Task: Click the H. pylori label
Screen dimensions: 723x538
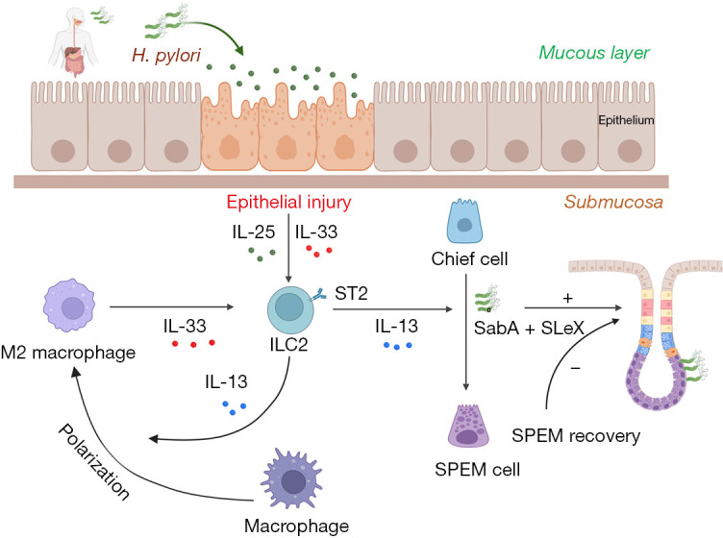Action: pos(166,56)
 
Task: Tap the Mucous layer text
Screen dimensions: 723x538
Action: pos(594,53)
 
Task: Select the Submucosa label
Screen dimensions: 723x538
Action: pos(613,202)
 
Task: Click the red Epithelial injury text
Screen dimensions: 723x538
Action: pos(289,202)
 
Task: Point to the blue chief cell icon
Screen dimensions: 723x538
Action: pos(464,221)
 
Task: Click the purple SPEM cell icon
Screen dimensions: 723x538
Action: pos(468,426)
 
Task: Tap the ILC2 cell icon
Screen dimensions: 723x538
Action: pos(291,310)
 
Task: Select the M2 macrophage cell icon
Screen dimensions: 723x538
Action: pos(69,305)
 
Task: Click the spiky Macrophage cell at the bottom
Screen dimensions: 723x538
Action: pos(292,478)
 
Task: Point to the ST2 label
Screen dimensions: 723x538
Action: pos(351,293)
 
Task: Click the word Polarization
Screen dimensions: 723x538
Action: pos(93,461)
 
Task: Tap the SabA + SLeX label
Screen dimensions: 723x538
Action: pos(529,328)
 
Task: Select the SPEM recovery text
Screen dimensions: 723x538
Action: pos(576,436)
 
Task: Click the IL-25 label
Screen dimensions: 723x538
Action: pos(253,232)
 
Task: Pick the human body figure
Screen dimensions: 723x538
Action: pos(74,41)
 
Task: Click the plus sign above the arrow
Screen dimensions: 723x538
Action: pos(567,298)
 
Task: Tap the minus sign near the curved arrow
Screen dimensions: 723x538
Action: pos(575,368)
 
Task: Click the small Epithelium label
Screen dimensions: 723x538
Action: pos(626,120)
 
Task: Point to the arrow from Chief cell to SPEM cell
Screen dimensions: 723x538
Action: pos(466,331)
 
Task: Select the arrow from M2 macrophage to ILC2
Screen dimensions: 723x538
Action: pos(172,306)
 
